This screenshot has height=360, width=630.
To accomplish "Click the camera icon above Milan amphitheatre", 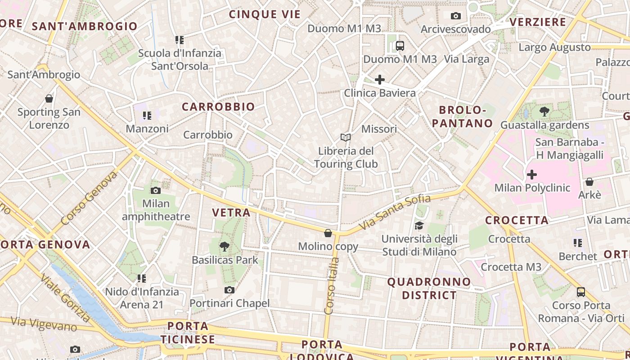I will click(156, 190).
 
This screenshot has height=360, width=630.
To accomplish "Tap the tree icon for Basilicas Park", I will click(224, 246).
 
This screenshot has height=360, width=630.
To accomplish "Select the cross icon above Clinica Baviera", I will click(380, 80).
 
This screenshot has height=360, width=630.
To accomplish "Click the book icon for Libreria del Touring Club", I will click(346, 137).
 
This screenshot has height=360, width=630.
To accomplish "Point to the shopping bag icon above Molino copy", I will click(328, 233).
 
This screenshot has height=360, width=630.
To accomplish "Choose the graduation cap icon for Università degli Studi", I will click(419, 225).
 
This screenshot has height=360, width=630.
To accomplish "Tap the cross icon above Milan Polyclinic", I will click(532, 174).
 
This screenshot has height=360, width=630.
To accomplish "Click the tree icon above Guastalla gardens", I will click(544, 111).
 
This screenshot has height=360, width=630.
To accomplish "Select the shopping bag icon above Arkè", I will click(589, 182).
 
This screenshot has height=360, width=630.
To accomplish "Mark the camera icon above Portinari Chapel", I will click(229, 290).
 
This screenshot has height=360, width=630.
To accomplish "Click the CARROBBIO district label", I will click(218, 107).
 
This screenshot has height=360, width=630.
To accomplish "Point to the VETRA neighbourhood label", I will click(231, 212).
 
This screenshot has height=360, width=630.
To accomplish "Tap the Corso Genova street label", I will click(89, 198).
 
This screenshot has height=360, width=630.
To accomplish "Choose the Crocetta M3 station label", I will click(511, 267).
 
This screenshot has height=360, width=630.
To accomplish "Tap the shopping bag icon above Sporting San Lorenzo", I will click(49, 98).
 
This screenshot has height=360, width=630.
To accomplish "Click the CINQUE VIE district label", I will click(265, 14).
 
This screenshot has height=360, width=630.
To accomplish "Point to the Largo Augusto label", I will click(554, 47).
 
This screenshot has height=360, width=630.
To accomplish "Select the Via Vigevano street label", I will click(44, 324).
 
